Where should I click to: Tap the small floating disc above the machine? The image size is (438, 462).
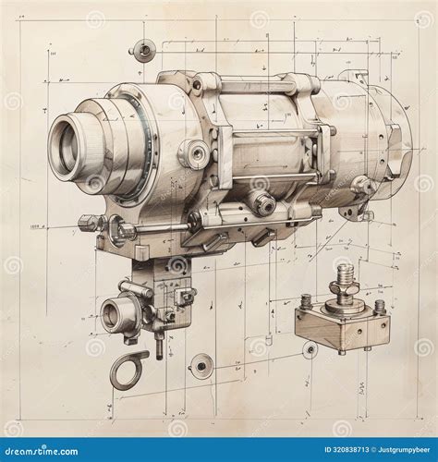143,50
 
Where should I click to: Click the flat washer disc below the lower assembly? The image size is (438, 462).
201,367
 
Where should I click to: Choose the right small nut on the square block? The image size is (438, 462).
379,306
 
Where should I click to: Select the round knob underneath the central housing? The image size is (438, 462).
262,203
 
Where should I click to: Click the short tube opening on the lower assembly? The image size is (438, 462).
115,314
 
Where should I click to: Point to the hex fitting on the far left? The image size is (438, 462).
89,223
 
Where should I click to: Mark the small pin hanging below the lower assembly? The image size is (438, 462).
159,348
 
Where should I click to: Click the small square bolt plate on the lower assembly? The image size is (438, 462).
185,296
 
